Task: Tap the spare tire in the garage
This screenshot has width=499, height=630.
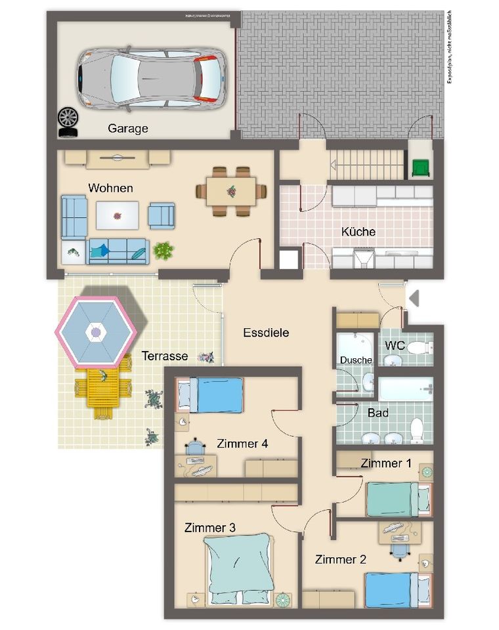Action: tap(68, 120)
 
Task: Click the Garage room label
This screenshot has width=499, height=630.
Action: tap(127, 129)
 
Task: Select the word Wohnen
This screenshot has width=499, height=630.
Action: tap(110, 188)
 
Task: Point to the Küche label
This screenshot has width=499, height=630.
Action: tap(358, 232)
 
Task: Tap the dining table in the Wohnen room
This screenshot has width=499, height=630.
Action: tap(231, 192)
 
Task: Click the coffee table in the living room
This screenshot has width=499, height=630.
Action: tap(118, 215)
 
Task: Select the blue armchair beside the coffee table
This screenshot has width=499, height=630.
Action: tap(162, 215)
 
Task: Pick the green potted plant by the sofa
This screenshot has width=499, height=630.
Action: tap(163, 250)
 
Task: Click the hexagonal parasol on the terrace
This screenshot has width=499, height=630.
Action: tap(96, 332)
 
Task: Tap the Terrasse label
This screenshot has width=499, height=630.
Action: tap(164, 356)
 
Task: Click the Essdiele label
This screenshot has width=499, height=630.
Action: tap(266, 333)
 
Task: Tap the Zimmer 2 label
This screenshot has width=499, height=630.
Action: tap(341, 560)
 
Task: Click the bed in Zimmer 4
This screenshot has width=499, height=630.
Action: tap(211, 396)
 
